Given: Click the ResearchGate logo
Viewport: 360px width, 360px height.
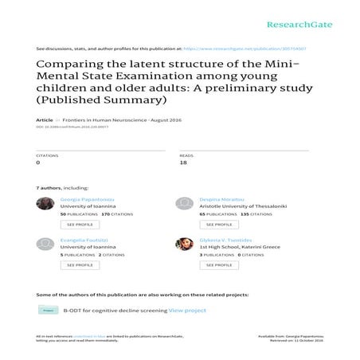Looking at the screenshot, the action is pos(293,14).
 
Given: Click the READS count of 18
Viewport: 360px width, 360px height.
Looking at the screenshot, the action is pos(182,162).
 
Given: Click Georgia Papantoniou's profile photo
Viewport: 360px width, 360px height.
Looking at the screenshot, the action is pos(45,203).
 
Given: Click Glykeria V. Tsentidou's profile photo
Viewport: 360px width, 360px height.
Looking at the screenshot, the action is pos(184,243).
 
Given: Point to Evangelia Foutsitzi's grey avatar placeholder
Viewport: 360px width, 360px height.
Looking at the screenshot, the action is pos(45,243).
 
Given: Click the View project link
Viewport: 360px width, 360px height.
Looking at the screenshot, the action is pos(187,310).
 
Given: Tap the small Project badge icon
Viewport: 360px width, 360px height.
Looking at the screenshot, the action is pos(47,310).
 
